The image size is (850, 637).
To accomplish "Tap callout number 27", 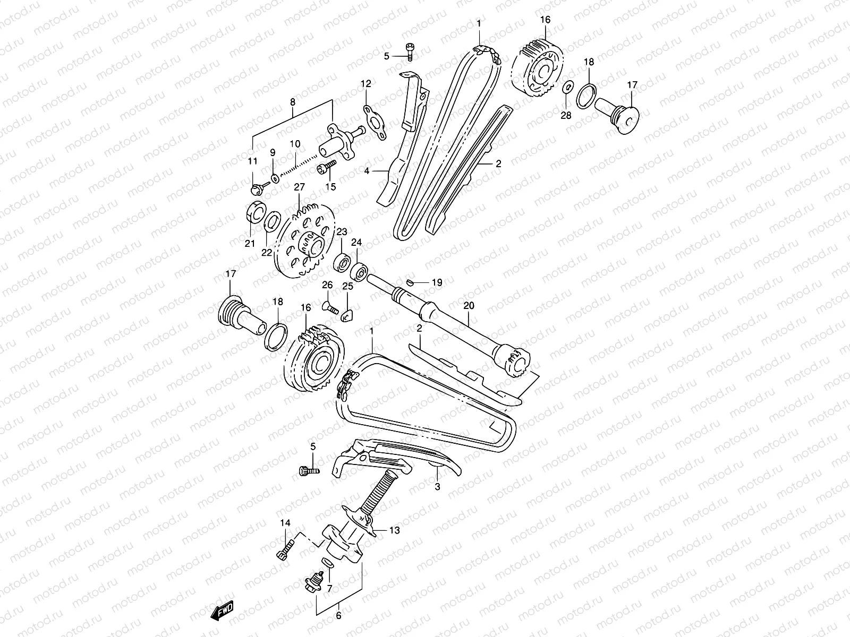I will (x=299, y=187).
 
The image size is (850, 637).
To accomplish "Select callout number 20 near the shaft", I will (x=468, y=306).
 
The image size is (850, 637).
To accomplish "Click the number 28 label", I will (x=566, y=116).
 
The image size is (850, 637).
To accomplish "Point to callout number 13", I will (x=394, y=530).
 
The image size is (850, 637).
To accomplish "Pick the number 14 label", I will (x=285, y=523).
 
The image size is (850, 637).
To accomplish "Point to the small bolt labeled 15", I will (x=325, y=168).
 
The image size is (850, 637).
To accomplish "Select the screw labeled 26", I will (x=330, y=306).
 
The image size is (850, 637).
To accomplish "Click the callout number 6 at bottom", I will (x=339, y=616).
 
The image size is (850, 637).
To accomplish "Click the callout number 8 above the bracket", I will (x=293, y=102).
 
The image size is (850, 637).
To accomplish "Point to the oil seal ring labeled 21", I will (x=256, y=212).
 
